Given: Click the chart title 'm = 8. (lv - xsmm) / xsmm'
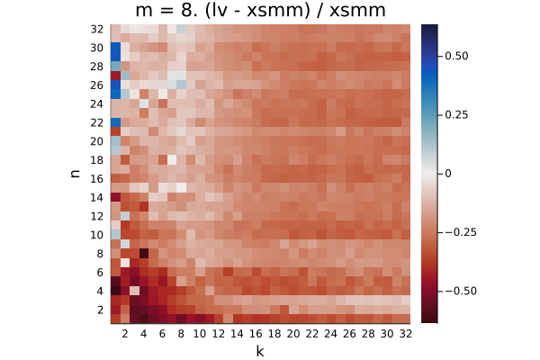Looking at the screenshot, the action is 260,10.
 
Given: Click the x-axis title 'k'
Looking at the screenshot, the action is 260,351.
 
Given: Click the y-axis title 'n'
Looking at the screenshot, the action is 75,174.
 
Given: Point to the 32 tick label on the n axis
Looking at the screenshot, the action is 97,30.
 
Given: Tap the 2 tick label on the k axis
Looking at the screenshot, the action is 125,334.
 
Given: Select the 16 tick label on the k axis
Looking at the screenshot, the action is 256,334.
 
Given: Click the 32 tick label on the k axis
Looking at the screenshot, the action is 405,334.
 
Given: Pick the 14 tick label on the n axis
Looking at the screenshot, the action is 97,198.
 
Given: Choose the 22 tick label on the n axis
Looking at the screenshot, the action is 97,123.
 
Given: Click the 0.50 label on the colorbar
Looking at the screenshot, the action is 456,56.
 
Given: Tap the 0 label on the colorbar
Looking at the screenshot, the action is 447,174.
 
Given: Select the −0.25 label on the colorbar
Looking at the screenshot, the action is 461,232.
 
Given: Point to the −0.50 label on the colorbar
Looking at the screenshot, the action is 461,291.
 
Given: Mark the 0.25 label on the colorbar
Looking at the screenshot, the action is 456,114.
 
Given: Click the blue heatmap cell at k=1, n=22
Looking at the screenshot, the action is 115,122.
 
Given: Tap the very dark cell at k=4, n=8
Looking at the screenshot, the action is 144,254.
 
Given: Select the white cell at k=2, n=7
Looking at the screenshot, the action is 125,263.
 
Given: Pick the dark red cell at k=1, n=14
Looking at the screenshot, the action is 115,197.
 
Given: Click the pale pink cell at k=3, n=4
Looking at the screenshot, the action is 134,291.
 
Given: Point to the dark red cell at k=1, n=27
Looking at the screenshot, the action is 115,76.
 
